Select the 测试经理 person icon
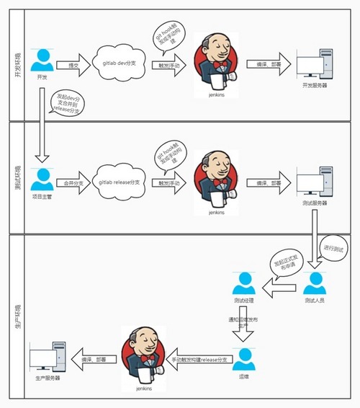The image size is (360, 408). click(244, 283)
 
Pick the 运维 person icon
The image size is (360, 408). click(244, 357)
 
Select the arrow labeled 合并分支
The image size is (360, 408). click(71, 184)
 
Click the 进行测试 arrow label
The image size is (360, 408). click(336, 248)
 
